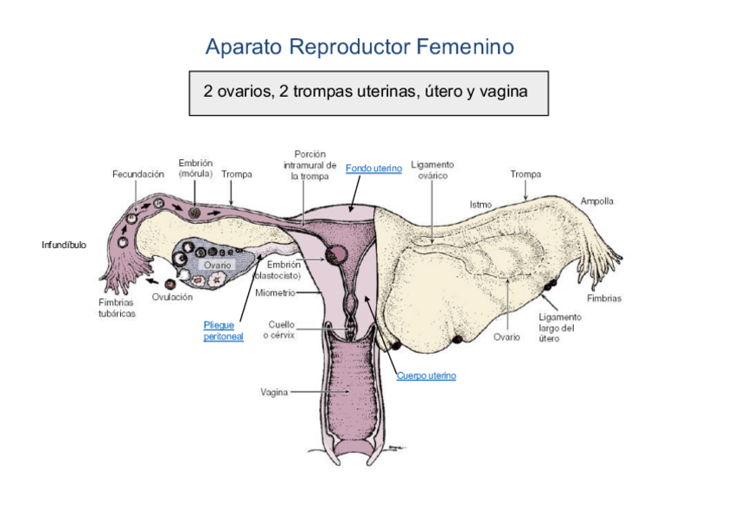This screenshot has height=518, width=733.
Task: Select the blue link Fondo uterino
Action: click(373, 169)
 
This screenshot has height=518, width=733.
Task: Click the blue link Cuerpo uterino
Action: click(426, 376)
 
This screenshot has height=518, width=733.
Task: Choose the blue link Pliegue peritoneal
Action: click(223, 331)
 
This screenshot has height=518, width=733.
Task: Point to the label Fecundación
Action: click(138, 174)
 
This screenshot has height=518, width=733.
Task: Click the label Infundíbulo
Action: click(64, 246)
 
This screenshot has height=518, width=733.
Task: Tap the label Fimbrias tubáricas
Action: click(116, 308)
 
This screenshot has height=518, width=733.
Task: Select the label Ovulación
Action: click(172, 297)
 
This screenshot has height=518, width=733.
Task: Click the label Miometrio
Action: click(276, 292)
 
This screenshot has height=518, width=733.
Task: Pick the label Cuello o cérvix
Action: click(281, 329)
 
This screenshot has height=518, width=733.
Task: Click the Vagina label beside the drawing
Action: click(274, 392)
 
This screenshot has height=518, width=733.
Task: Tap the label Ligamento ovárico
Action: click(432, 169)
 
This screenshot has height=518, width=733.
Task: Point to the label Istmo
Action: click(481, 205)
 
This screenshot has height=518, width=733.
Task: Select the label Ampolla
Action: click(597, 201)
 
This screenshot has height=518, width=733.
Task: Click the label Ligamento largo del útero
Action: click(560, 328)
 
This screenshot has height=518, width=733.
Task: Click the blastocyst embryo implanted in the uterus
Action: click(335, 255)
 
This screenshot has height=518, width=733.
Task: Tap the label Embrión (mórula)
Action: click(195, 168)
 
